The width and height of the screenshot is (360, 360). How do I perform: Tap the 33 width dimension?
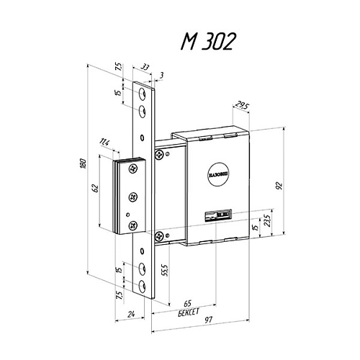tap(145, 67)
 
